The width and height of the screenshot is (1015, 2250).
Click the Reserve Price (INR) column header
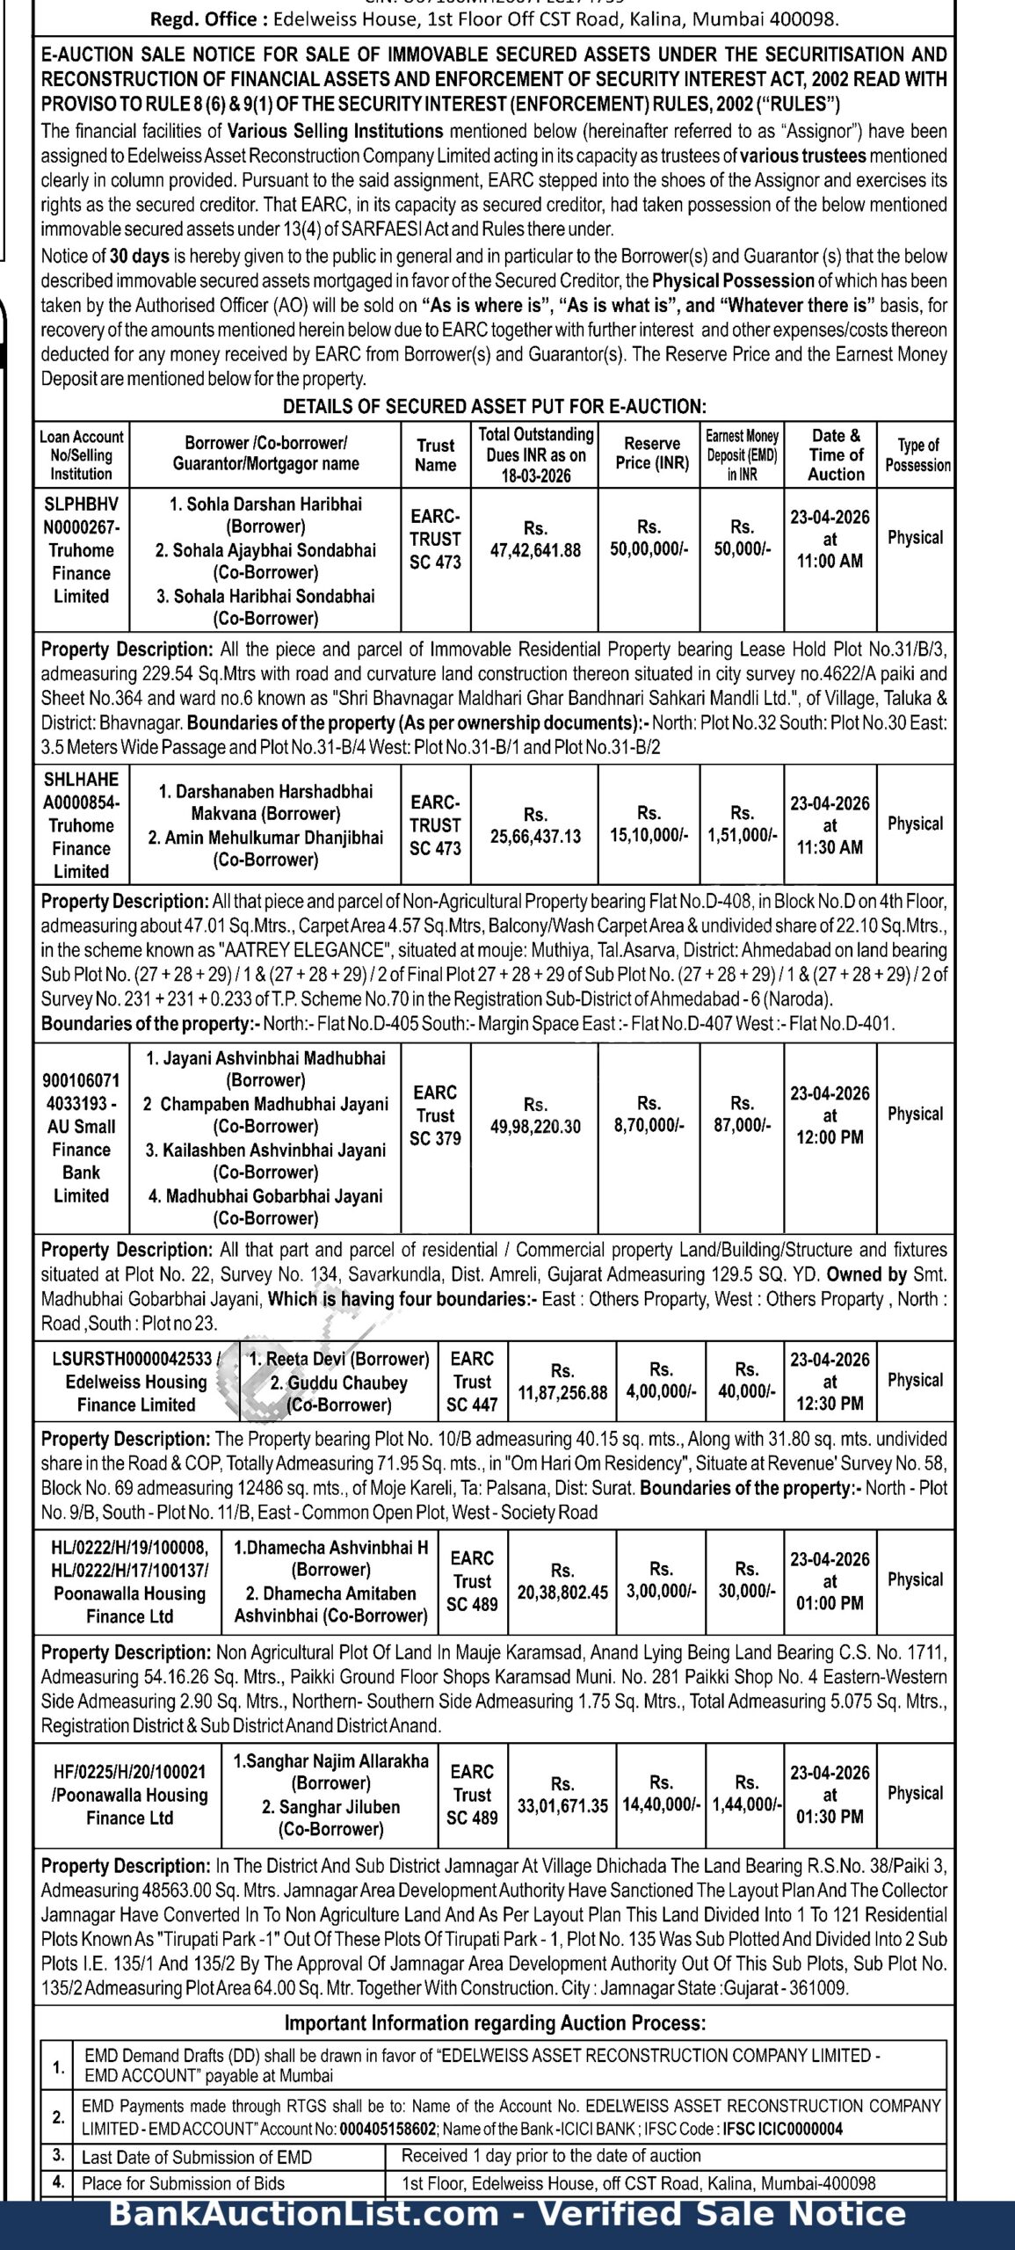[x=652, y=454]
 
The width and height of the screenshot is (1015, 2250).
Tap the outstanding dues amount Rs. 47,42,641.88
[x=535, y=540]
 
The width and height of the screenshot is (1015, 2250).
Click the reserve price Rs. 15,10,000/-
[x=649, y=824]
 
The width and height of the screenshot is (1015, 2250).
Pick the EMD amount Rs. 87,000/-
[x=743, y=1114]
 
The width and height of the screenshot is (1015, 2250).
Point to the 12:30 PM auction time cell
[x=830, y=1382]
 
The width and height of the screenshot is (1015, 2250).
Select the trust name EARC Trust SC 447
[x=472, y=1382]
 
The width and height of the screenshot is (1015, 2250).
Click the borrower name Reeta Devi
[x=339, y=1360]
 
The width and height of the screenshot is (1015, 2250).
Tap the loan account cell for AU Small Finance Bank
[x=81, y=1138]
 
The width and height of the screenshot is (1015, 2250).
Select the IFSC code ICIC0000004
[x=782, y=2130]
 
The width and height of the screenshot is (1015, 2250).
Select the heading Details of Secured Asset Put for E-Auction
[x=494, y=407]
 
